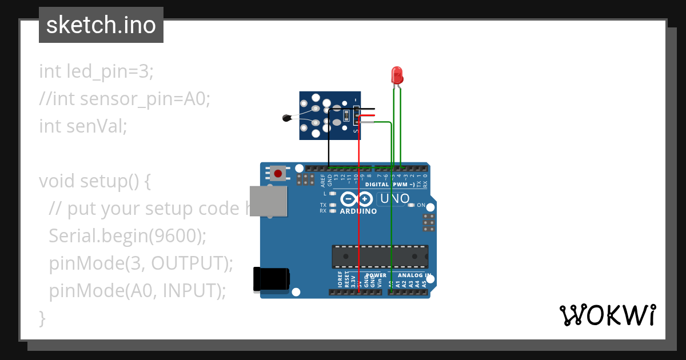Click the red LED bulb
[x=397, y=75]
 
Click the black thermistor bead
[x=287, y=118]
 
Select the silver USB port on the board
[x=268, y=201]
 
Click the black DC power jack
[x=271, y=281]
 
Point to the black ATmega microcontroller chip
[x=380, y=257]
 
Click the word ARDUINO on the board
[x=358, y=211]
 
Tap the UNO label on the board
[x=394, y=199]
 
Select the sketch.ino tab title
[x=101, y=25]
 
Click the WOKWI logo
[x=607, y=315]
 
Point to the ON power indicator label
[x=421, y=205]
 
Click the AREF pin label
[x=323, y=182]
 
